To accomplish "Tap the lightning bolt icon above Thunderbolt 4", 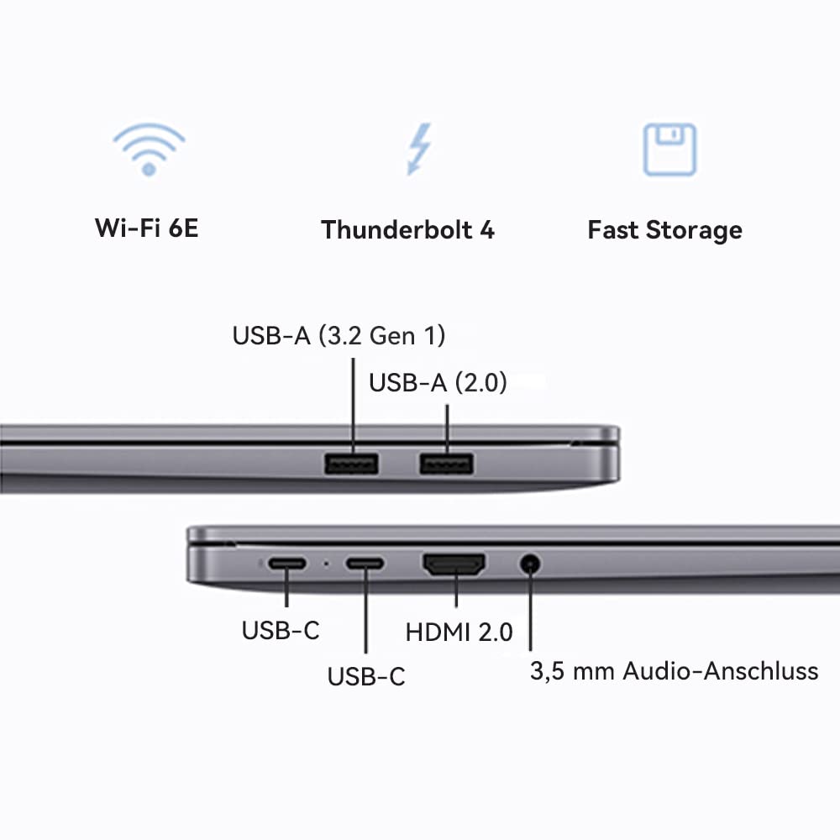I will coord(417,150).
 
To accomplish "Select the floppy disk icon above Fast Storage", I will coord(669,150).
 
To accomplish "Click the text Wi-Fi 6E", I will coord(147,228).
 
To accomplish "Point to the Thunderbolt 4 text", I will coord(408,229).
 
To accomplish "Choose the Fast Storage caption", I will coord(664,229).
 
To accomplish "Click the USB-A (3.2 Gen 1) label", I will coord(339,335).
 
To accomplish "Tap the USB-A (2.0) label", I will coord(438,383).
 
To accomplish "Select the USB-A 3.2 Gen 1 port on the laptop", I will coord(352,464).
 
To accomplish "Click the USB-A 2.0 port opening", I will coord(447,464).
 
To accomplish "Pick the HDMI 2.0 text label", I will coord(459,632).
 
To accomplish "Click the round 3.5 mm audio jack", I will coord(529,564).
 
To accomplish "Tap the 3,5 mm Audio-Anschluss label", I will coord(674,671).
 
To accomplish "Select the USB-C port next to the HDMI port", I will coord(365,564).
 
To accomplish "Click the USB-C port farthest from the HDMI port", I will coord(286,564).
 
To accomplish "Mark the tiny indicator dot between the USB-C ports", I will coord(326,564).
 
